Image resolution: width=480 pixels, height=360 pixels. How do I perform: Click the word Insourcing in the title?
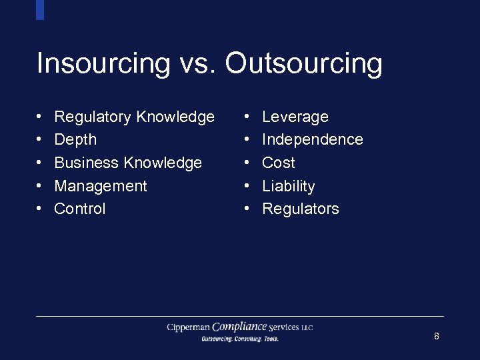point(103,64)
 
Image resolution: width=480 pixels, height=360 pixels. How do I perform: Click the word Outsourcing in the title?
point(303,64)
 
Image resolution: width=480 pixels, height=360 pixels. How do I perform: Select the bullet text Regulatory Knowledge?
point(134,117)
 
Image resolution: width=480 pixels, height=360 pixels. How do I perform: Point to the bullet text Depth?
point(75,140)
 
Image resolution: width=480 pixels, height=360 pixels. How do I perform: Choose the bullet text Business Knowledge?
point(128,163)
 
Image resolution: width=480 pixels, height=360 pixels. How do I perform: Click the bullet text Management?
point(101,186)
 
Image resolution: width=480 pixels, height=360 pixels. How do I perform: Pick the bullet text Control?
point(80,209)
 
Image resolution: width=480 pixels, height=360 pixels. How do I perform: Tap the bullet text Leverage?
point(295,117)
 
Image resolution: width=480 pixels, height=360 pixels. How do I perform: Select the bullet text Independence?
point(313,140)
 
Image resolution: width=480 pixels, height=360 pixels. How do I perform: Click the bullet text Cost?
point(279,163)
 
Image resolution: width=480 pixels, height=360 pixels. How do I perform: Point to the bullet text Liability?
point(289,186)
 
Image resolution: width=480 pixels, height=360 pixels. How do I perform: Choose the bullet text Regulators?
point(301,209)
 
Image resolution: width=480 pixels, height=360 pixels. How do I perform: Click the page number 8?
point(437,336)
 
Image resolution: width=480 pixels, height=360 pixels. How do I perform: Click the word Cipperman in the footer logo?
point(189,327)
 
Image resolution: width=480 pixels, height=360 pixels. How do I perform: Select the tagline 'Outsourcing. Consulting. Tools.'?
point(240,339)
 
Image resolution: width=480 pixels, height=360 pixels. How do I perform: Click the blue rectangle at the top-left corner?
point(40,9)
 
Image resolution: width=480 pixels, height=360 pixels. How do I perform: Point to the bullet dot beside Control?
point(40,209)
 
